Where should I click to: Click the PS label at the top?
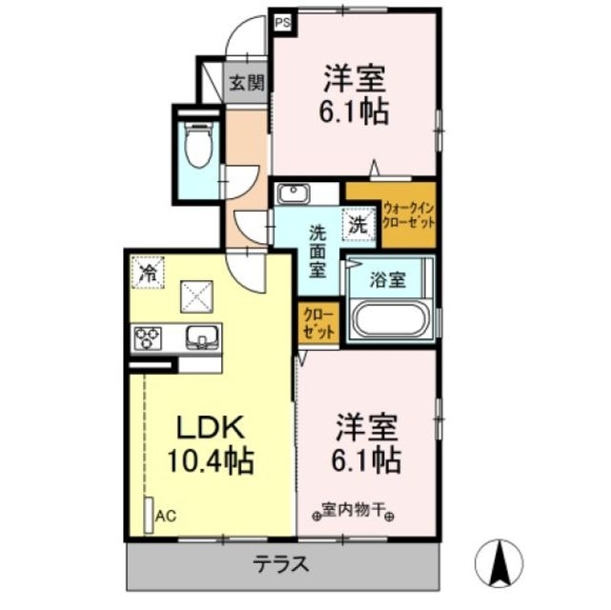(x=283, y=20)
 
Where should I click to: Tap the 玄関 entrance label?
(x=245, y=83)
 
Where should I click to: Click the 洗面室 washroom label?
(x=317, y=251)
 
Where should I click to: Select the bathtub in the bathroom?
(x=392, y=319)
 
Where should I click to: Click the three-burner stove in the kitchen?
(x=149, y=337)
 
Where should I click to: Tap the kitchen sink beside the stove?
(x=201, y=336)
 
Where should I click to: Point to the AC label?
(x=166, y=517)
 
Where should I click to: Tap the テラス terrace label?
(x=280, y=563)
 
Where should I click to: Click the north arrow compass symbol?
(x=499, y=561)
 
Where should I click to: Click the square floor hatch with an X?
(x=199, y=295)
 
